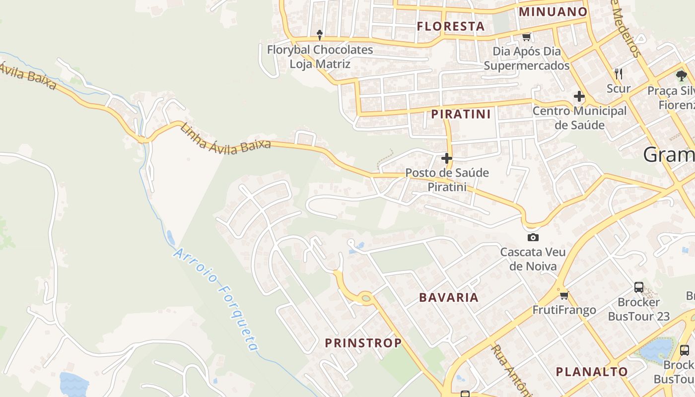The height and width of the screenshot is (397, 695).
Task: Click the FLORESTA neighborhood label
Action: point(451,26)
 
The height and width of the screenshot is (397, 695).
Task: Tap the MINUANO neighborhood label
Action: point(553,12)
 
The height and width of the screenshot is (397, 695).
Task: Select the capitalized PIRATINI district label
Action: point(461,114)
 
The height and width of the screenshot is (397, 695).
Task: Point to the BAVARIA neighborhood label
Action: point(449,298)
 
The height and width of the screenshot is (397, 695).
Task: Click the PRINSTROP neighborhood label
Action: point(363,343)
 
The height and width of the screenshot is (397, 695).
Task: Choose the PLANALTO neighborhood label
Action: point(592,372)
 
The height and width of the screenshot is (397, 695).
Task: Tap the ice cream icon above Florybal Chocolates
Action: point(320,35)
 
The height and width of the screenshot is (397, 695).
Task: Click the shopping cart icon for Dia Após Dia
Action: point(527,37)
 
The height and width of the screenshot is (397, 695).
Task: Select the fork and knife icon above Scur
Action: point(618,74)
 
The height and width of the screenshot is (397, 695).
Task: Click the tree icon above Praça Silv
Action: point(681,76)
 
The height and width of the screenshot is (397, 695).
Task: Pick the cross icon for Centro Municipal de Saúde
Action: point(579,96)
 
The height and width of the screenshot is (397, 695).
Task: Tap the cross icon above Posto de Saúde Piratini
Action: point(447,158)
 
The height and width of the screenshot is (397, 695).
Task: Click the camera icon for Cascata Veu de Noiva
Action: point(533,237)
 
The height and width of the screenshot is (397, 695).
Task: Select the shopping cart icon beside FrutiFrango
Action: point(564,296)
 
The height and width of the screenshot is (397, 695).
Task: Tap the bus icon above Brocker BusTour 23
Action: point(639,287)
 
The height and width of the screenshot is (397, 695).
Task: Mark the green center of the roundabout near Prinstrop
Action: point(366,298)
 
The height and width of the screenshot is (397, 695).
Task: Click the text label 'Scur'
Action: point(619,89)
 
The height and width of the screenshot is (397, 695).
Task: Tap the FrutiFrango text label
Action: point(564,310)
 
